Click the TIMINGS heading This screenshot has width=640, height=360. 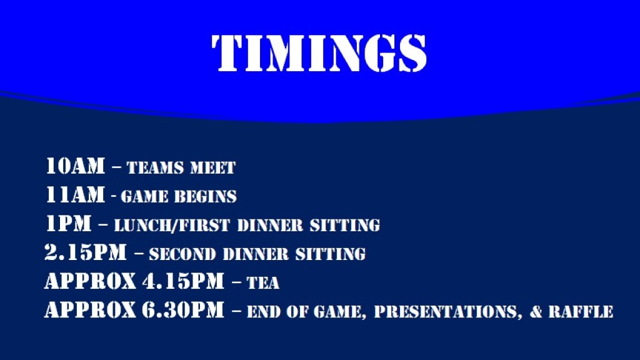tap(319, 53)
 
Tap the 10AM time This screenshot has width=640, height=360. tap(75, 166)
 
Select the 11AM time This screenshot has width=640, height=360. tap(75, 195)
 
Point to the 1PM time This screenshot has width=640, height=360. tap(68, 224)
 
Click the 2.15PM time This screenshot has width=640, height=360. tap(86, 252)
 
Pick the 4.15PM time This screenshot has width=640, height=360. tap(183, 281)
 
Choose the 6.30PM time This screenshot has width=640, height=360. tap(183, 310)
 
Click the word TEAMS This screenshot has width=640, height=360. tap(155, 167)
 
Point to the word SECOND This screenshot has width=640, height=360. tap(182, 254)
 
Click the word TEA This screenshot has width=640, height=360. tap(263, 283)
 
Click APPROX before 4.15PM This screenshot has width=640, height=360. tap(90, 281)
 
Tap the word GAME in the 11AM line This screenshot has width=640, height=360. tap(144, 197)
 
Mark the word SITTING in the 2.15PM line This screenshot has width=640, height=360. tap(331, 254)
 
